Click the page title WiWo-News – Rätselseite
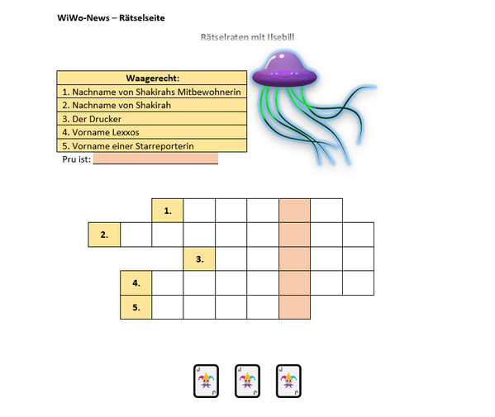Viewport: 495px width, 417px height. [111, 17]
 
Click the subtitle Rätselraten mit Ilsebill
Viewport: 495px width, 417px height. [248, 37]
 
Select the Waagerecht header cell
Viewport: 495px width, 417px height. [152, 78]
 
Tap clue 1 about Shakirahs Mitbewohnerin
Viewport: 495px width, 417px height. [152, 92]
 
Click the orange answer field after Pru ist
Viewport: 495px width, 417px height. [155, 159]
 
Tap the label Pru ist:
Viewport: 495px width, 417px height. [76, 159]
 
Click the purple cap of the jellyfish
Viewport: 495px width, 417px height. [284, 69]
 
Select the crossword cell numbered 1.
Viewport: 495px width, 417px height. [168, 211]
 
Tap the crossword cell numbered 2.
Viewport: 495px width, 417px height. [104, 235]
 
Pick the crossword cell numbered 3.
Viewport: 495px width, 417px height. [199, 259]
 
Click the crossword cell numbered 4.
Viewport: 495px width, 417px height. [136, 283]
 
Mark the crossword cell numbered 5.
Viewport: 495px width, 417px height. [136, 307]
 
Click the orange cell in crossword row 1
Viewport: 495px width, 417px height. [294, 211]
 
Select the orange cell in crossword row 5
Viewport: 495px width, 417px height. [294, 307]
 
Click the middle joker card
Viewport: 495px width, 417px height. [248, 381]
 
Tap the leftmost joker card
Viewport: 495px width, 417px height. [206, 381]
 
